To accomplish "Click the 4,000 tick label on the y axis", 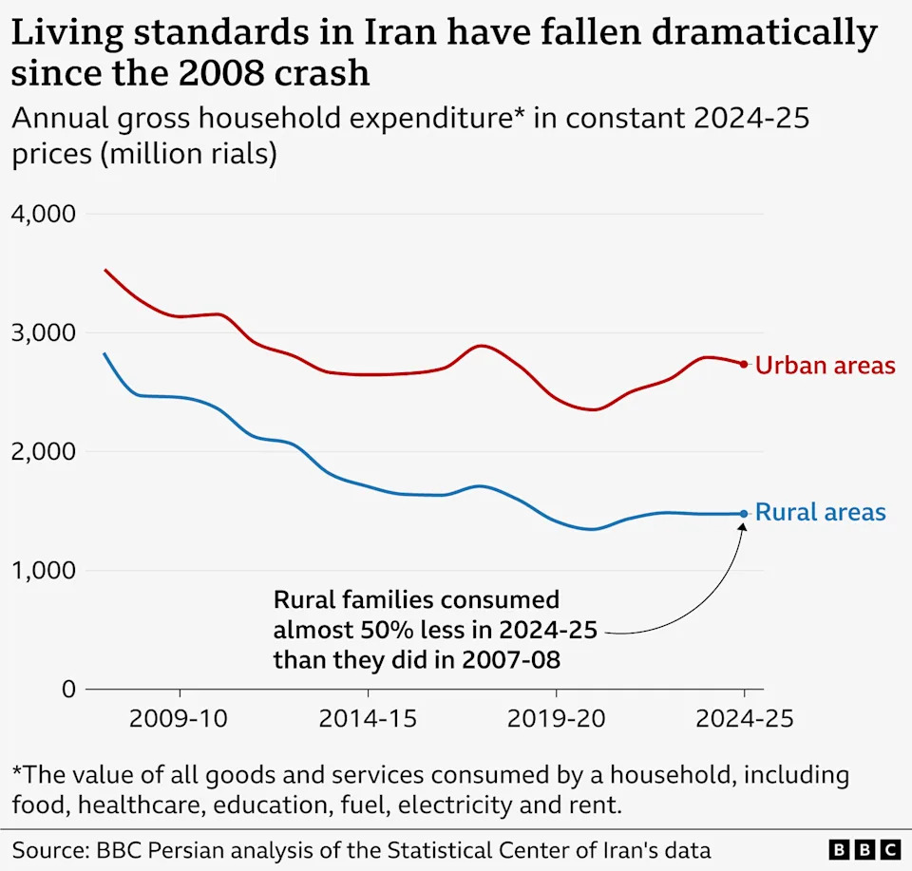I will (x=43, y=214).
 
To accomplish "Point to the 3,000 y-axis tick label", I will (x=43, y=332).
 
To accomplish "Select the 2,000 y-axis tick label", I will (x=43, y=451).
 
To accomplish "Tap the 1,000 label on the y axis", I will (x=43, y=570).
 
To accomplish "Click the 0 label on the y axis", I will (x=66, y=689).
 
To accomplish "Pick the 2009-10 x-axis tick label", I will (x=179, y=719).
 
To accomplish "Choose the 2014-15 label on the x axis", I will (x=368, y=719).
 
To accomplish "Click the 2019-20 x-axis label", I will (x=556, y=719).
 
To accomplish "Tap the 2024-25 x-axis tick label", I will (x=744, y=719).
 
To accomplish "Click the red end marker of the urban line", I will (x=744, y=364).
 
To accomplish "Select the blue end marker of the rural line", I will (x=744, y=514).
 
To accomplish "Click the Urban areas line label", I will (x=825, y=365).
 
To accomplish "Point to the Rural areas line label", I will (x=820, y=513).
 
